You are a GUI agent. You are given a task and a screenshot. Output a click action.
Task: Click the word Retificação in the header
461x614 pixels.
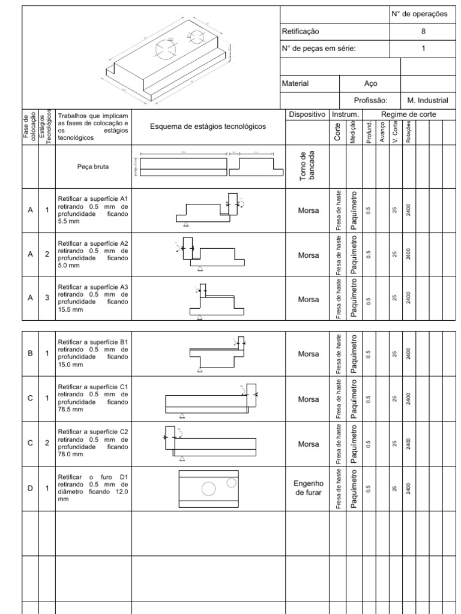coord(301,31)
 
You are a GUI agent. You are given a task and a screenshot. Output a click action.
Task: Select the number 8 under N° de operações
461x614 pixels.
coord(423,31)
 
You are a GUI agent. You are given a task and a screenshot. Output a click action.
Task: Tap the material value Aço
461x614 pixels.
coord(370,84)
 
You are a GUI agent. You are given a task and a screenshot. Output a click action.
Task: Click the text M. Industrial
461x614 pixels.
coord(427,101)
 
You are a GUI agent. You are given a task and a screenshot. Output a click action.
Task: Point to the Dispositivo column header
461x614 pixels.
coord(307,114)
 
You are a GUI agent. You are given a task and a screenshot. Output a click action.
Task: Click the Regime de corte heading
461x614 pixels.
coord(408,114)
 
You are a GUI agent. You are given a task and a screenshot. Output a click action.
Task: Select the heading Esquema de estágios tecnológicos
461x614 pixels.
coord(208,127)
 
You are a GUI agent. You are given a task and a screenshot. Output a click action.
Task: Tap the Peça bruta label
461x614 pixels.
coord(92,168)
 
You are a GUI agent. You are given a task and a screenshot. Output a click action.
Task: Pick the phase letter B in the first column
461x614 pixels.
coord(30,354)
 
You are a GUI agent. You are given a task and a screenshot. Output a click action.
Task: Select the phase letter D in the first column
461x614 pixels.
coord(30,488)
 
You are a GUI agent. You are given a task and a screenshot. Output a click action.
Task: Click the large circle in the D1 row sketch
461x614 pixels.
coord(208,489)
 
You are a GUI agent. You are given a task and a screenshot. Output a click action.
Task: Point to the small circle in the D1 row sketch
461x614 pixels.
coord(231,482)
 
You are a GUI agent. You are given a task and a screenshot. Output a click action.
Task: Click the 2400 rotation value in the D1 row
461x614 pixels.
coord(408,488)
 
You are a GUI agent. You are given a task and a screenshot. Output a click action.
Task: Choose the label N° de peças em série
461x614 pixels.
coord(319,49)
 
